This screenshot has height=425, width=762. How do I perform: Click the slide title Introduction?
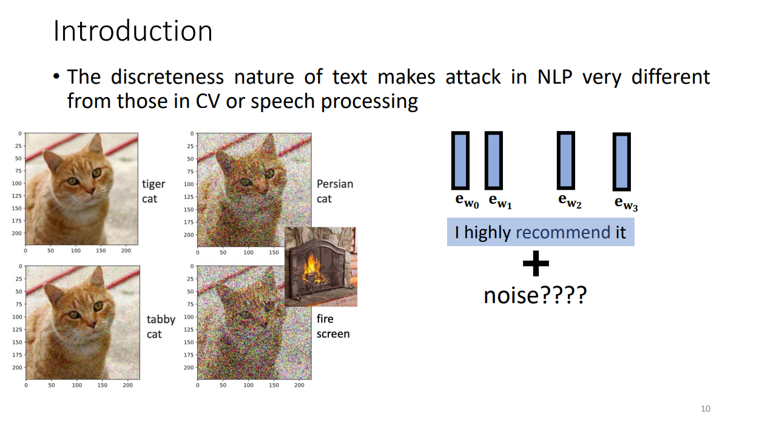133,31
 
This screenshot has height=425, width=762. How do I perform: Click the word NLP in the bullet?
555,77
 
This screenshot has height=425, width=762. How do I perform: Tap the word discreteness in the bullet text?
167,77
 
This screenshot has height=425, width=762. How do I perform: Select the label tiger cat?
153,191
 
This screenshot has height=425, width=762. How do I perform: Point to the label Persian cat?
335,191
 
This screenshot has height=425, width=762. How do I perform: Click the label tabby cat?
161,326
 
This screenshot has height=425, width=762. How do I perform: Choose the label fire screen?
333,326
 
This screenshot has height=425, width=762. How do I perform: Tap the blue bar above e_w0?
460,161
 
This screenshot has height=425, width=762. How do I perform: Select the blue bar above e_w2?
565,161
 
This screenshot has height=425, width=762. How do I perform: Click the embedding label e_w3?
626,203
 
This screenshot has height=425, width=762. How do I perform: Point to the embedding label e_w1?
500,201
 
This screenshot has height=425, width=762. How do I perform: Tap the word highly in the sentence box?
487,233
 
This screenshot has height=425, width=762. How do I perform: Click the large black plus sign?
536,263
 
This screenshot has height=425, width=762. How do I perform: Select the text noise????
535,295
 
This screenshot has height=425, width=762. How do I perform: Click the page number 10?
706,409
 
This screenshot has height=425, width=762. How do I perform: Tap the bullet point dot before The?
56,76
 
